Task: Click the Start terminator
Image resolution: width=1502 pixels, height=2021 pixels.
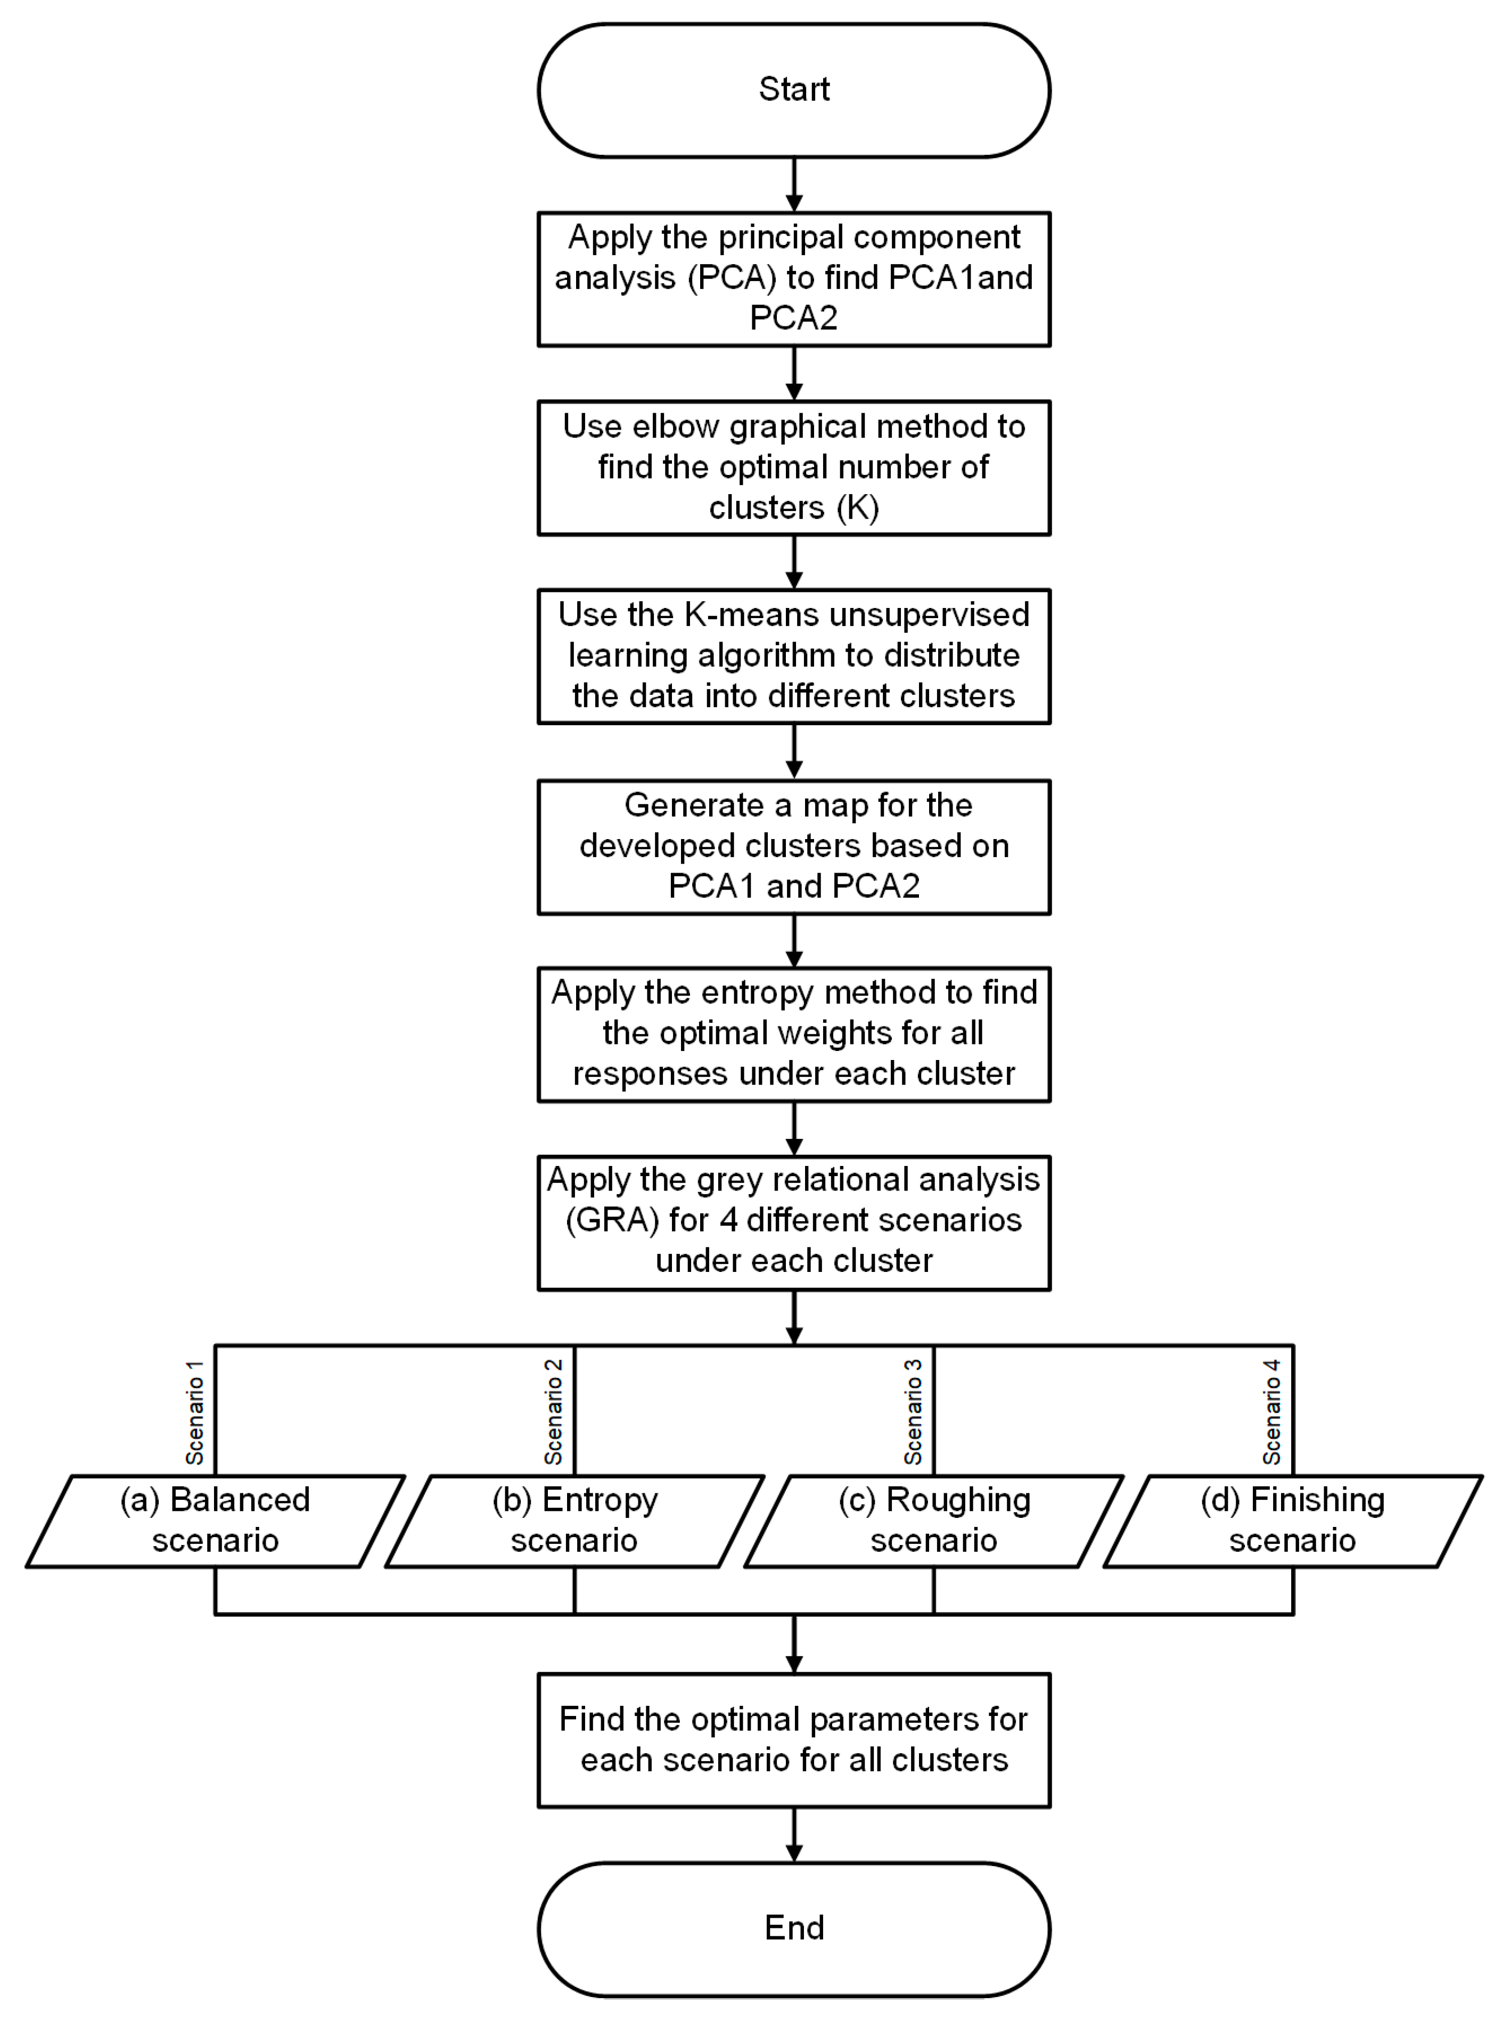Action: (794, 90)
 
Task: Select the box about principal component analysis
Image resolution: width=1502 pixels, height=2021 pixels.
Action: (794, 278)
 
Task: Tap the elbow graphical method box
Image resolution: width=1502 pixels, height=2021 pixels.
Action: (794, 467)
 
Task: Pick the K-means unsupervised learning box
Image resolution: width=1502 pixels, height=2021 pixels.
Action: (794, 655)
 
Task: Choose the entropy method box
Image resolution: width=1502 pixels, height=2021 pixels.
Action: (794, 1034)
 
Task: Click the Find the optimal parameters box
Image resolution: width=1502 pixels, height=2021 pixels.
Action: (794, 1739)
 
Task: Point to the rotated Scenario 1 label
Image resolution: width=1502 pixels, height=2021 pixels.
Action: (194, 1412)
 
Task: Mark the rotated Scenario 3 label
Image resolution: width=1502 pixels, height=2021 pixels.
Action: (913, 1412)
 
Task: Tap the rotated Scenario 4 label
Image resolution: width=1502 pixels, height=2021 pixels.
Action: (1271, 1412)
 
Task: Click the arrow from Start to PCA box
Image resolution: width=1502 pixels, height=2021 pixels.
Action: (794, 185)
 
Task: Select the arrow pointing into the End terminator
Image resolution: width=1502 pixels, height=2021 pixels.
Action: (794, 1835)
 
